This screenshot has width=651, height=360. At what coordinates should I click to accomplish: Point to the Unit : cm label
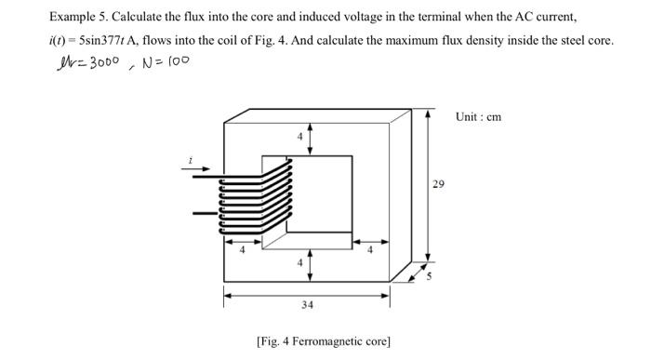[x=479, y=116]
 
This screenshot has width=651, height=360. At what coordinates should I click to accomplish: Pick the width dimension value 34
[x=307, y=304]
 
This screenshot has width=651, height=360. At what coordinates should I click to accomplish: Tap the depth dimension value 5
[x=430, y=274]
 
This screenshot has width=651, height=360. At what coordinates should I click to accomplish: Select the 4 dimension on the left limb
[x=242, y=249]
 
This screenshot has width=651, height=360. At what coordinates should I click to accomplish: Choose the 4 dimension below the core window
[x=299, y=262]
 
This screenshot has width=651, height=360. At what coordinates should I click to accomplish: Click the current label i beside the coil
[x=191, y=161]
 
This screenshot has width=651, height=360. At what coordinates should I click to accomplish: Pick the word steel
[x=568, y=42]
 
